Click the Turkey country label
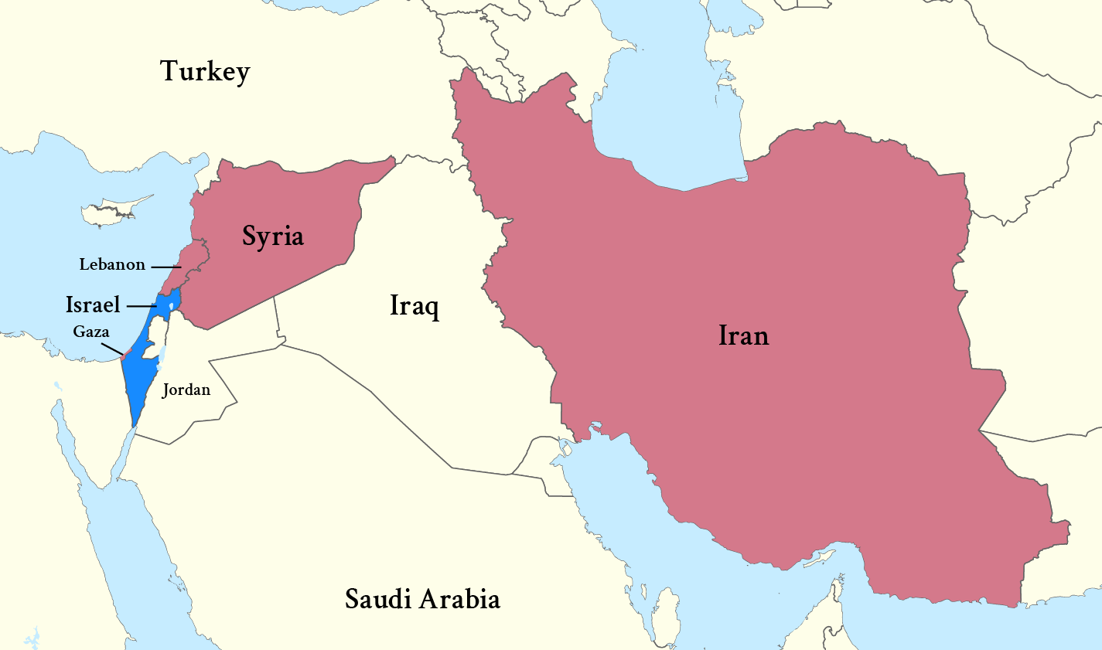point(205,71)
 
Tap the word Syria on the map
point(272,236)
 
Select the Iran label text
point(743,335)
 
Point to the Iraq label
point(415,305)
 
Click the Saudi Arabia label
point(422,599)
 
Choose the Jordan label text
point(186,390)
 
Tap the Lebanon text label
point(112,264)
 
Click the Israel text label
point(93,305)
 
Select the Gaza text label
point(91,332)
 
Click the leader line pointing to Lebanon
point(165,267)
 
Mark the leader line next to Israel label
point(142,307)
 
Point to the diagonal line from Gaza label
point(111,348)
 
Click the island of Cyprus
point(116,210)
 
